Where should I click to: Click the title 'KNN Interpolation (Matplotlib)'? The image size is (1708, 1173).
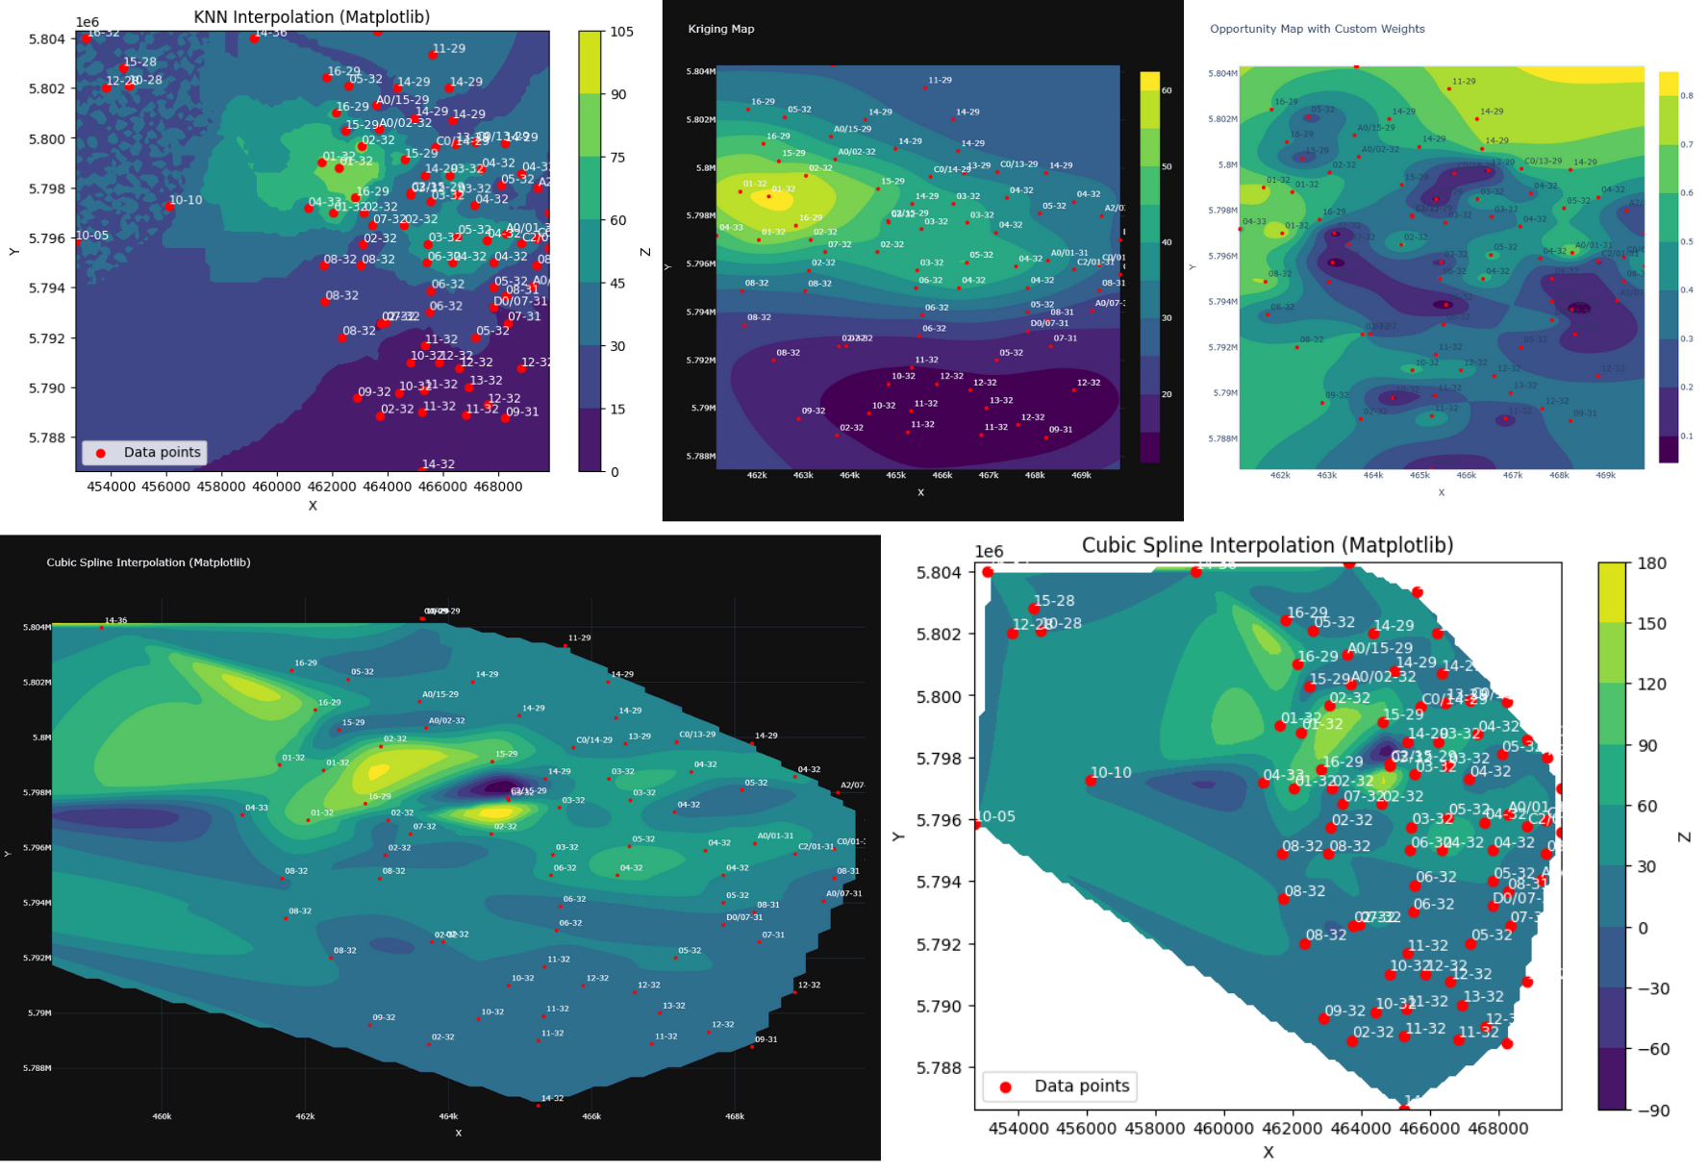pos(312,17)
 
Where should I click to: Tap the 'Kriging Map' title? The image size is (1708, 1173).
pos(720,29)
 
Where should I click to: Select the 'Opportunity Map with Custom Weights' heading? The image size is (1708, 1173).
pos(1317,29)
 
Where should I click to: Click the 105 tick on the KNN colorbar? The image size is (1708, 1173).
pos(621,32)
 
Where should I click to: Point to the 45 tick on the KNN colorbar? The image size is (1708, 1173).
pos(617,284)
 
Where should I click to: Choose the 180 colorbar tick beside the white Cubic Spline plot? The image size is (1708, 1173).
pos(1651,563)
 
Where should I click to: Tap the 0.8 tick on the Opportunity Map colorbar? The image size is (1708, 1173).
pos(1686,96)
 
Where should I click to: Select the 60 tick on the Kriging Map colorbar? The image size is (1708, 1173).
pos(1167,90)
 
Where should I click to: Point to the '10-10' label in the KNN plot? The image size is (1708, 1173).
pos(186,200)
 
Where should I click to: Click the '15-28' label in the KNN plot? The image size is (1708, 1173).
pos(139,62)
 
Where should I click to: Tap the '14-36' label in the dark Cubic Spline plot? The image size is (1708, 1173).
pos(115,620)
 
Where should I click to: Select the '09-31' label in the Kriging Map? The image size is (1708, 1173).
pos(1061,430)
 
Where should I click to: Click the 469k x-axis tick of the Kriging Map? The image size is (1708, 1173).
pos(1081,475)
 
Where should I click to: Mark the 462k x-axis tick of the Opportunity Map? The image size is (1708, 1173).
pos(1280,475)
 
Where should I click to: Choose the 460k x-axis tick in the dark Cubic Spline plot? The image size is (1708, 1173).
pos(162,1116)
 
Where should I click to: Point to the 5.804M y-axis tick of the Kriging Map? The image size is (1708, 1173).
pos(700,71)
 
